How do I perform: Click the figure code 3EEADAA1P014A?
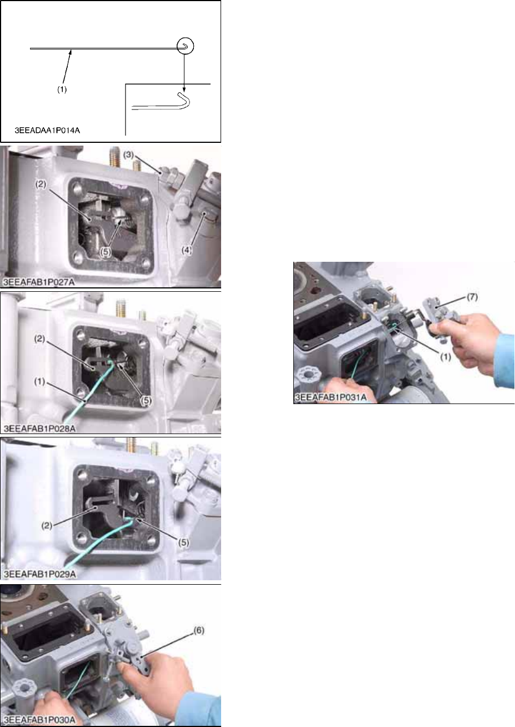click(47, 131)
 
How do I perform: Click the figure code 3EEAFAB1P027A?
click(39, 282)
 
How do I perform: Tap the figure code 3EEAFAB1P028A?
click(39, 429)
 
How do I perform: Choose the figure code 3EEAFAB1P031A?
click(331, 397)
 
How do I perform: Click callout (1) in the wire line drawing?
click(62, 90)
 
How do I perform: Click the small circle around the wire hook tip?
click(185, 46)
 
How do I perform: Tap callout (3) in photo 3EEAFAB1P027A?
click(128, 155)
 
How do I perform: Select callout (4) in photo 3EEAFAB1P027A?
click(187, 250)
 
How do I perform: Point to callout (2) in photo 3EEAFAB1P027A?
click(41, 185)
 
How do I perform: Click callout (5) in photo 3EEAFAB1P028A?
click(146, 401)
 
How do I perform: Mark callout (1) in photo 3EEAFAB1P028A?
click(39, 382)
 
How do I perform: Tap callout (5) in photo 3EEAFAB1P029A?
click(183, 542)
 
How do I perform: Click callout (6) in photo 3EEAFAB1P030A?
click(199, 631)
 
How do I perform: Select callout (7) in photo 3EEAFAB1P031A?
click(472, 297)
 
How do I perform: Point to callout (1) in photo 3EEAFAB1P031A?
click(446, 357)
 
